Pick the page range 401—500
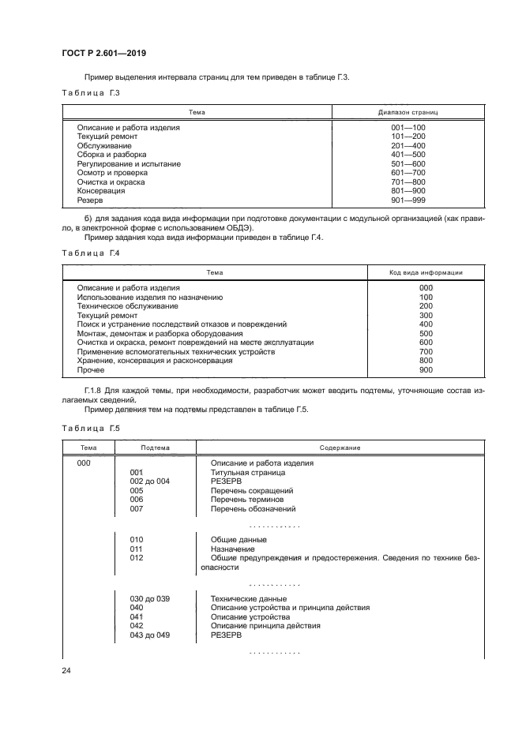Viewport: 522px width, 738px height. tap(408, 155)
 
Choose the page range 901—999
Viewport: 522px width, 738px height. tap(408, 200)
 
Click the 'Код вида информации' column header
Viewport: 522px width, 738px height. tap(426, 272)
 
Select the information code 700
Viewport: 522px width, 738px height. tap(426, 351)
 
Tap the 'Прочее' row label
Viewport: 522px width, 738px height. tap(91, 369)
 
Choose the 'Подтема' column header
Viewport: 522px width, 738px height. tap(155, 448)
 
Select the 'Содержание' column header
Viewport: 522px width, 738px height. tap(340, 448)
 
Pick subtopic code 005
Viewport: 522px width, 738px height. tap(137, 490)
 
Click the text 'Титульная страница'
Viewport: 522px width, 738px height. tap(247, 472)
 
